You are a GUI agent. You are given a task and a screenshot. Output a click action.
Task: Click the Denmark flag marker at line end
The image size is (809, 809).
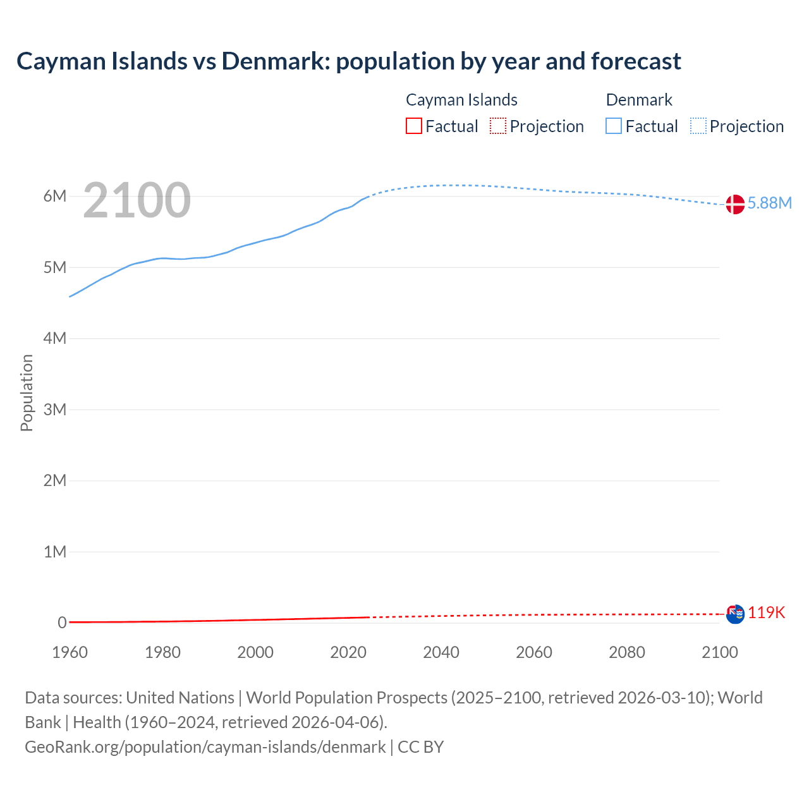coord(734,204)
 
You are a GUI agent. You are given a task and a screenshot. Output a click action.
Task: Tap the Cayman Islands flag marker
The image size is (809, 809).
coord(735,614)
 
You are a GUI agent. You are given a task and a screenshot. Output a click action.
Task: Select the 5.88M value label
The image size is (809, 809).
coord(769,203)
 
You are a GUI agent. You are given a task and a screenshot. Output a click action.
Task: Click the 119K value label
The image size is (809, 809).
coord(767,612)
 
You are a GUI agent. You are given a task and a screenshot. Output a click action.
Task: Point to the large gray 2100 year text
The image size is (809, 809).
coord(137,200)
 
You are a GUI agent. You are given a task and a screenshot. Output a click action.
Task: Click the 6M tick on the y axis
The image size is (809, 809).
coord(55,196)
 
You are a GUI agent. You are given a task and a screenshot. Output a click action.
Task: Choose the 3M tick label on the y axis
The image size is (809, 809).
coord(55,410)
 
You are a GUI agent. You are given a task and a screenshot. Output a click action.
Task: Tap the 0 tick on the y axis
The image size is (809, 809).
coord(62,623)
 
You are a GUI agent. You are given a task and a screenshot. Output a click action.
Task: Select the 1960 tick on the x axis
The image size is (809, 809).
coord(70,652)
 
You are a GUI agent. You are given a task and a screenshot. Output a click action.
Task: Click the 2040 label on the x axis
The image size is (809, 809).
coord(441,652)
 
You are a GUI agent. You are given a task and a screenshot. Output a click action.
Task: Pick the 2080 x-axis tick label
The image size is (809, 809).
coord(627,652)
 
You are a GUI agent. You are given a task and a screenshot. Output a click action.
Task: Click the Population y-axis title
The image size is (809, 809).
coord(27,392)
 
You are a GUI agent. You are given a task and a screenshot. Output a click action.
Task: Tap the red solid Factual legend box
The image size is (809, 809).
coord(413,126)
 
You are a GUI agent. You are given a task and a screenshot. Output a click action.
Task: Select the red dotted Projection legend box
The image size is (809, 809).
coord(498,126)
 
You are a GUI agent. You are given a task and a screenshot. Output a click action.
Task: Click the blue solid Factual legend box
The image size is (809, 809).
coord(614,126)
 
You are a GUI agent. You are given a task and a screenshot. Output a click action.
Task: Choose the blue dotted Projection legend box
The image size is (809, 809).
coord(698,126)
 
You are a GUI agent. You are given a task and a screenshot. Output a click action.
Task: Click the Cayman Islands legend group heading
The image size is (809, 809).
coord(461,100)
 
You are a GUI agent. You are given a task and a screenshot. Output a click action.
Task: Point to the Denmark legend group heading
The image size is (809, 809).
coord(639,100)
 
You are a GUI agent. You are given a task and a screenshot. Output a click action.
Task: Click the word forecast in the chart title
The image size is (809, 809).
coord(636,61)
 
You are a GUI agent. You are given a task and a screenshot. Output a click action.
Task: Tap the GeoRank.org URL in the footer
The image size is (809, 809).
coord(205,747)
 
